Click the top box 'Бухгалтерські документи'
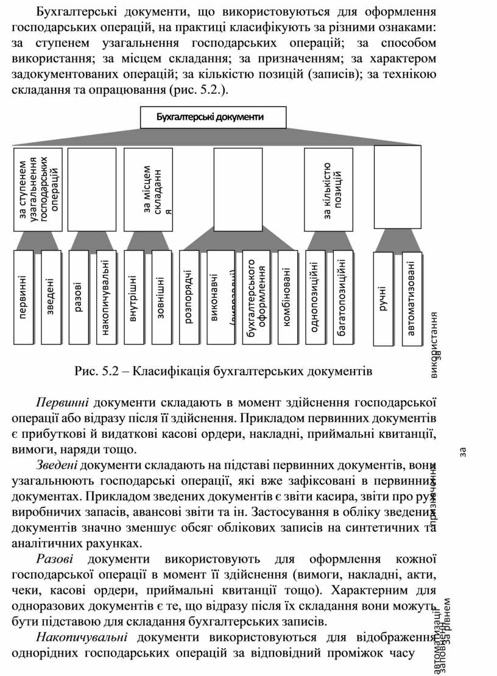point(213,117)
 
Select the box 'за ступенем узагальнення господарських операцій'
point(38,189)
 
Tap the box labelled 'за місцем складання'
point(148,189)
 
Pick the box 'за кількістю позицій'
point(329,189)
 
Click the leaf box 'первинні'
point(24,297)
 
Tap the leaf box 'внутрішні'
point(134,297)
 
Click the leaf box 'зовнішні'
point(161,297)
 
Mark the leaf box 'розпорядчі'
point(189,297)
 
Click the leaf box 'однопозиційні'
point(315,297)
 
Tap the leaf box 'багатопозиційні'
point(342,297)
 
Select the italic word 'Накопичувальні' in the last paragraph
point(82,637)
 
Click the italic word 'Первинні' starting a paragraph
point(63,403)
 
